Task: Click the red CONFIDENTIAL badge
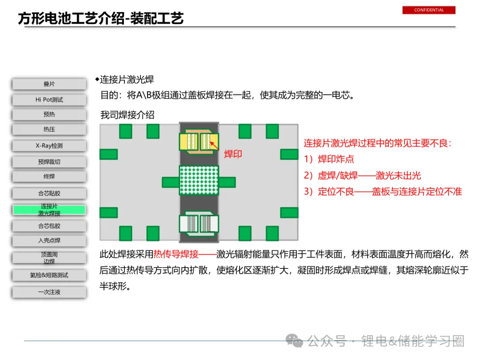pos(429,10)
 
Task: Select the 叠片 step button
pos(49,84)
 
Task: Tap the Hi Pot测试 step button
pos(49,100)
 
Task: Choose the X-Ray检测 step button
pos(49,146)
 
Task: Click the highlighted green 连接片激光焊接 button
pos(49,210)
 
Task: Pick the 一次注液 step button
pos(49,292)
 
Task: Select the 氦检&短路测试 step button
pos(49,275)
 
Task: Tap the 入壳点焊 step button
pos(49,240)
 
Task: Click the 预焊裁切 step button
pos(49,162)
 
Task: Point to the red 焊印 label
pos(233,155)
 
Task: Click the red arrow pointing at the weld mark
pos(215,143)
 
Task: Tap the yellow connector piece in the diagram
pos(199,141)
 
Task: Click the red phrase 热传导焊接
pos(176,254)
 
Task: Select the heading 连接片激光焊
pos(127,80)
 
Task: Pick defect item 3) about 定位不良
pos(383,192)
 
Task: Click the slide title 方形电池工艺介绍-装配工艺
pos(101,18)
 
